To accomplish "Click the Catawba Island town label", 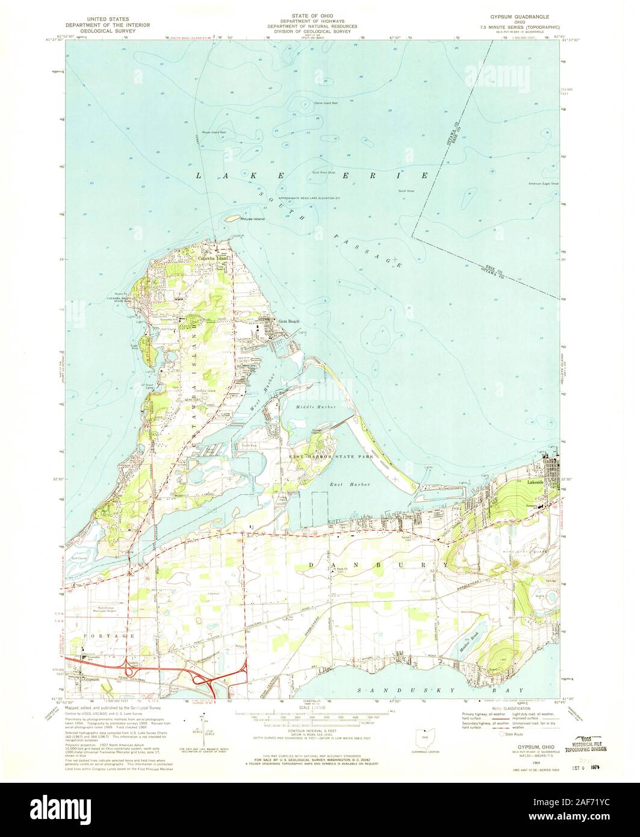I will coord(214,258).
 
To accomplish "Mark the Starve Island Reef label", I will coord(328,103).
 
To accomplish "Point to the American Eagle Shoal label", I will coord(543,183).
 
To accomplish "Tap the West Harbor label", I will coord(260,411).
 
